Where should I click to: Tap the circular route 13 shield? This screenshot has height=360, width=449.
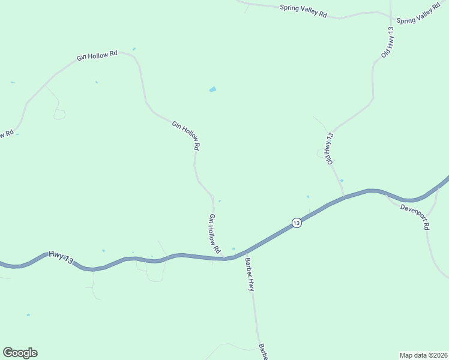tap(297, 223)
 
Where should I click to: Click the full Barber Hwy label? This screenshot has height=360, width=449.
tap(249, 275)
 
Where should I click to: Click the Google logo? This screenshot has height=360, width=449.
tap(20, 353)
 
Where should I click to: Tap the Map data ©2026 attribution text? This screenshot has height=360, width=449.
tap(423, 355)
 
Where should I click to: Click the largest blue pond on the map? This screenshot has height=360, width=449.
tap(212, 89)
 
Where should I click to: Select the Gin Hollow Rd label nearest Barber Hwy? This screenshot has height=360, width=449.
tap(215, 233)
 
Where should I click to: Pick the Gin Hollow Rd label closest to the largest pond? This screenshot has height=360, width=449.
tap(186, 136)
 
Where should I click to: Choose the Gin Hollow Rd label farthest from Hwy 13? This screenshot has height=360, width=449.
tap(97, 55)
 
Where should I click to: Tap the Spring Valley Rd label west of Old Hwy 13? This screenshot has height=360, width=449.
tap(303, 11)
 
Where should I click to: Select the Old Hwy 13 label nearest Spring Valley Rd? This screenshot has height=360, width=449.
tap(388, 42)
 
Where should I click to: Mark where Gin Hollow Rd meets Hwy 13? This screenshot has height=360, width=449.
tap(223, 259)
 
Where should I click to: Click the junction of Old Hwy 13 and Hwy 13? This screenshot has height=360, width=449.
tap(343, 197)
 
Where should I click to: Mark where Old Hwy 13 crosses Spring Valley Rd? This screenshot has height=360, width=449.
tap(391, 13)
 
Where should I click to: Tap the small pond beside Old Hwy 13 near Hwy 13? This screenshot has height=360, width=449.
tap(342, 180)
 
